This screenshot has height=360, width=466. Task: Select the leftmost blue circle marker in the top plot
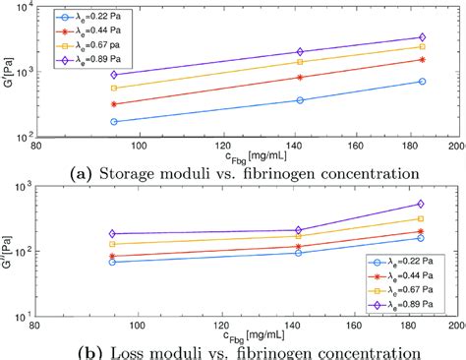point(115,122)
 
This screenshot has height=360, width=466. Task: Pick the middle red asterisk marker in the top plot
point(300,77)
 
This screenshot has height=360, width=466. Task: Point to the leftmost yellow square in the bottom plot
point(115,244)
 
